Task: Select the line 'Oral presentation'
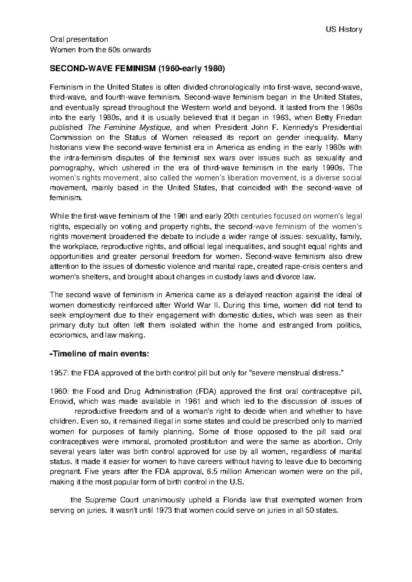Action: point(79,39)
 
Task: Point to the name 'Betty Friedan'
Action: point(340,118)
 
